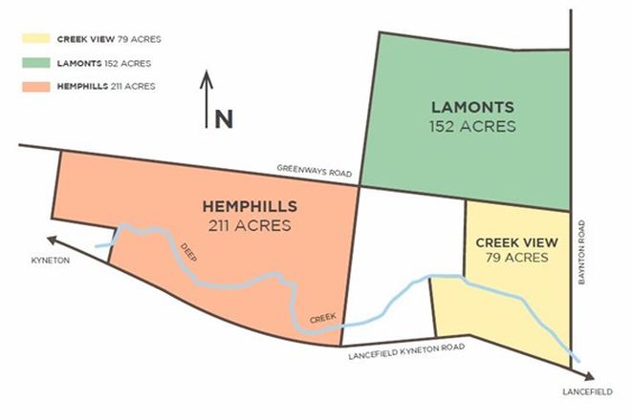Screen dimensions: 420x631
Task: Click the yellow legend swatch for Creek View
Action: (36, 39)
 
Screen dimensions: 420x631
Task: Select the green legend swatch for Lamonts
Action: (36, 63)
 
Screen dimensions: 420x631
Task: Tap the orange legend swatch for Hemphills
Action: (36, 87)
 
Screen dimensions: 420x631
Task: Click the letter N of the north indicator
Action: (224, 118)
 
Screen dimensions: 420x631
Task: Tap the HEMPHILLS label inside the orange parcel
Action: (249, 206)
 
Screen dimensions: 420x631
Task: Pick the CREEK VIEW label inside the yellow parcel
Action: (516, 241)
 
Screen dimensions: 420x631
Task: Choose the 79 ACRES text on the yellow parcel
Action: (516, 258)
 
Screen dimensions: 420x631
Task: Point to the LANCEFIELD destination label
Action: (584, 392)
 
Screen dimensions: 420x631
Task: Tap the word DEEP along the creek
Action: (188, 254)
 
